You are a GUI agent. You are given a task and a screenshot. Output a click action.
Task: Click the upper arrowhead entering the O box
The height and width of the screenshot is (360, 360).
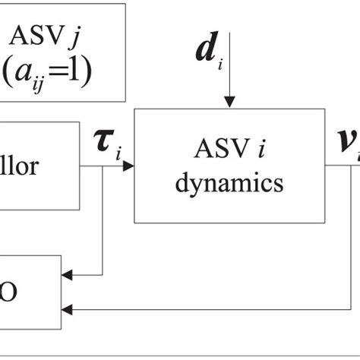(67, 275)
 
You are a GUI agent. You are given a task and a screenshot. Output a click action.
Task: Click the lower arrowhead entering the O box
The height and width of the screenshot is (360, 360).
(67, 308)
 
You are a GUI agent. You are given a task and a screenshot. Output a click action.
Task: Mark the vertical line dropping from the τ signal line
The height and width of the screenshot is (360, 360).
(103, 220)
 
